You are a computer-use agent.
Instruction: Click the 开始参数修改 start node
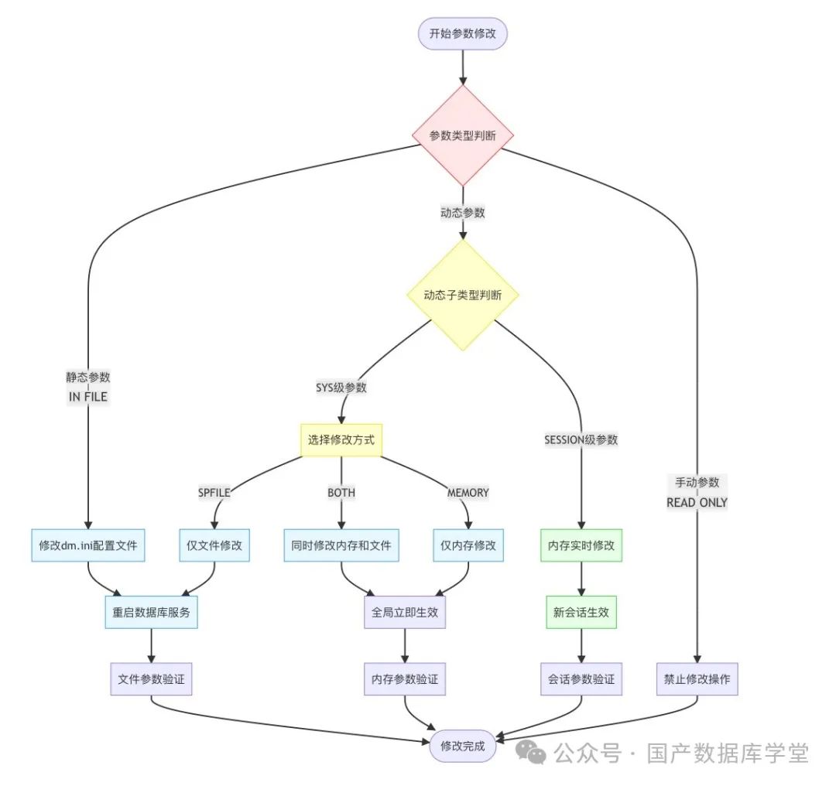click(463, 33)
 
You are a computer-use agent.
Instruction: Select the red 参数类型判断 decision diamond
click(463, 135)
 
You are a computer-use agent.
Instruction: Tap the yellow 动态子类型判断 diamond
click(463, 295)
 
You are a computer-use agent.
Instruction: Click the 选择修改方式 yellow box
click(341, 440)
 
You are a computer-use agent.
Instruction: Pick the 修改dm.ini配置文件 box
click(88, 545)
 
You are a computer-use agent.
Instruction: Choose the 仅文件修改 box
click(214, 545)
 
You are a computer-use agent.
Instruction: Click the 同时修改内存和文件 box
click(341, 545)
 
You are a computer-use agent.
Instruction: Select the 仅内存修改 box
click(468, 545)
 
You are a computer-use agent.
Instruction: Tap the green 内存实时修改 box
click(581, 545)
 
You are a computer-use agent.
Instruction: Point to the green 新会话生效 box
click(581, 612)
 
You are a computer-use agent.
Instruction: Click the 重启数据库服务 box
click(151, 612)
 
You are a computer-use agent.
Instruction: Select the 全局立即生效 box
click(405, 612)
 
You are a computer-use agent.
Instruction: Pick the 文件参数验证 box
click(151, 679)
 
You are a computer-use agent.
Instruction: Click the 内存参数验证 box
click(405, 679)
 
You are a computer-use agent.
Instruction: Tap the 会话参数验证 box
click(581, 679)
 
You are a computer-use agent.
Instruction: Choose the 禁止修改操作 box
click(697, 679)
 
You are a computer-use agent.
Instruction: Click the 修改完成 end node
click(463, 746)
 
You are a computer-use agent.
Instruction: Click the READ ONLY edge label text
click(697, 502)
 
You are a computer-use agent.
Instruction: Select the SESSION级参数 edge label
click(581, 439)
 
